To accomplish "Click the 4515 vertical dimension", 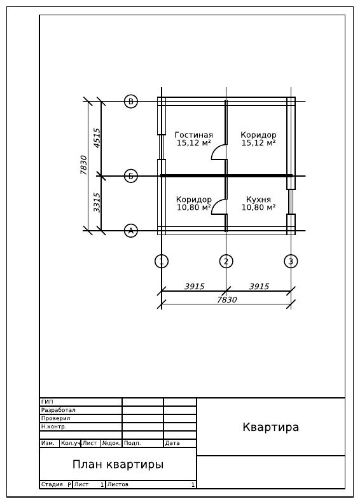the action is pyautogui.click(x=97, y=138).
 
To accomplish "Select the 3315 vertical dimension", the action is pyautogui.click(x=97, y=203).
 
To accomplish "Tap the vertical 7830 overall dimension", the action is pyautogui.click(x=84, y=165).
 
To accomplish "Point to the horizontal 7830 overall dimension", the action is pyautogui.click(x=227, y=299).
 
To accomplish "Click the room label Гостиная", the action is pyautogui.click(x=193, y=135).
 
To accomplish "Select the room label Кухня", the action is pyautogui.click(x=258, y=200).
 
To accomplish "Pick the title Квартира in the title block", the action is pyautogui.click(x=270, y=427).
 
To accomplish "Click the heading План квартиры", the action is pyautogui.click(x=118, y=465).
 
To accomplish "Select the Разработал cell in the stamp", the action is pyautogui.click(x=81, y=410).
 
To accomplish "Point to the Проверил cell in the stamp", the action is pyautogui.click(x=81, y=418).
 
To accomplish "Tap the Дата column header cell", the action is pyautogui.click(x=180, y=443).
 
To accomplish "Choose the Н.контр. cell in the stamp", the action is pyautogui.click(x=81, y=427).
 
